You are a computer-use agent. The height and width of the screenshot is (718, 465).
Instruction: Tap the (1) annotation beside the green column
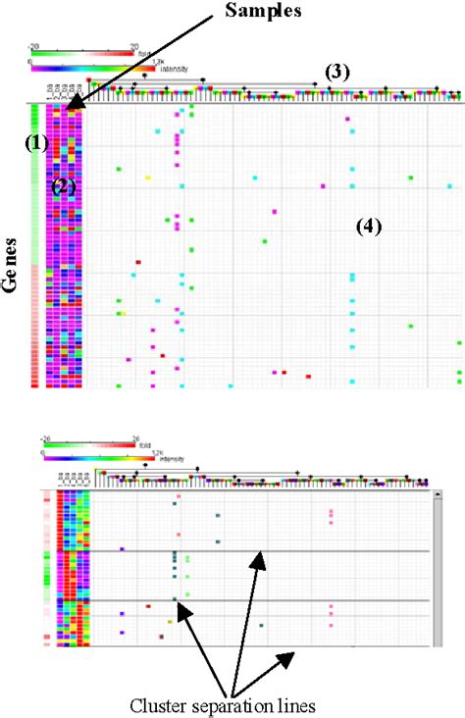[36, 143]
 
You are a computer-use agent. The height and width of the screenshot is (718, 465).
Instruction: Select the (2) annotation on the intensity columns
[64, 185]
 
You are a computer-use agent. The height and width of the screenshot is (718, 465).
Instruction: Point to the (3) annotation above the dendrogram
[337, 73]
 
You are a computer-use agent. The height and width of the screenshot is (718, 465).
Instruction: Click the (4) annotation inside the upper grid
[368, 227]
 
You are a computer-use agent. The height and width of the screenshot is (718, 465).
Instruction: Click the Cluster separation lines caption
[229, 704]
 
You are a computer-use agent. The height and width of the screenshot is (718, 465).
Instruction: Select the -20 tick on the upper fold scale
[33, 45]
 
